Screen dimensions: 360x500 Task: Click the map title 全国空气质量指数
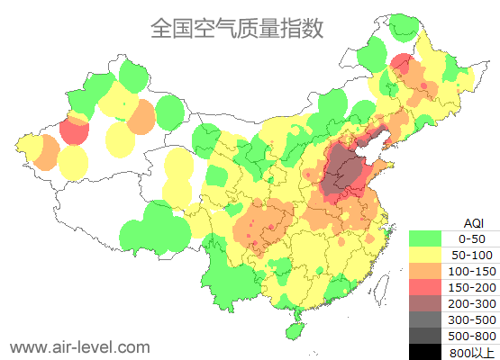tap(236, 29)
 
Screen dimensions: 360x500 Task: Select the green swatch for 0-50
tap(425, 238)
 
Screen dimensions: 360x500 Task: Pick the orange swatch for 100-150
tap(425, 271)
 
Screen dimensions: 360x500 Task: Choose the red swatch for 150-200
tap(425, 287)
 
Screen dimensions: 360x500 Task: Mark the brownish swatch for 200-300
tap(425, 303)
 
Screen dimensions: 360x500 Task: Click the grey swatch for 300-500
tap(425, 319)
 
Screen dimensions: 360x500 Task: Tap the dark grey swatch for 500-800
tap(425, 336)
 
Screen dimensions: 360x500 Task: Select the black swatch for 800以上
tap(425, 351)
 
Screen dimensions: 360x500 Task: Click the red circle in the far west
tap(74, 131)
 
